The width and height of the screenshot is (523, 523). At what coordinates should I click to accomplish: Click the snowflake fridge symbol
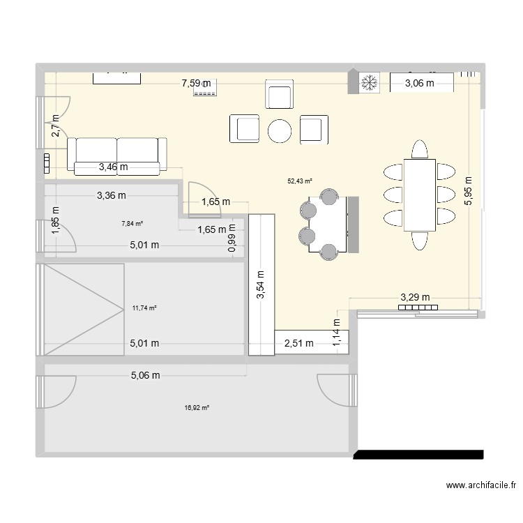[x=368, y=84]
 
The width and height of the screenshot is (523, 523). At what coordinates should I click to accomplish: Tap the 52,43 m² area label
[x=300, y=181]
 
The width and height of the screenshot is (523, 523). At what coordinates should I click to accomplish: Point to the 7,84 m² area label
[x=132, y=224]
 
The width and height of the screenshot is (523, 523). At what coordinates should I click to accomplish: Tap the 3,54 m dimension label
[x=260, y=286]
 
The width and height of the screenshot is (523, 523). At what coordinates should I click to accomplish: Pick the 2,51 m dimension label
[x=298, y=342]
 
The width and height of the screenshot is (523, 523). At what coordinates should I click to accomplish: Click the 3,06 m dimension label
[x=420, y=84]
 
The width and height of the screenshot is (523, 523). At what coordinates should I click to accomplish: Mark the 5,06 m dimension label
[x=145, y=375]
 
